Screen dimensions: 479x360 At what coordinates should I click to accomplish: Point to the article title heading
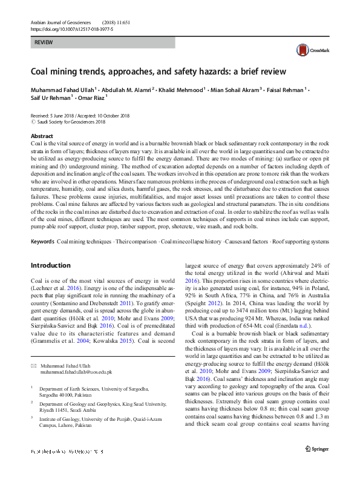coord(158,71)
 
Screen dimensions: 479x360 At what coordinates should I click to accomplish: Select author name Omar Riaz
coord(94,96)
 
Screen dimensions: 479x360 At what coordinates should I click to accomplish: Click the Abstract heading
coord(42,136)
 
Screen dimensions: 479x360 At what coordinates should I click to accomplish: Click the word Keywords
coord(42,242)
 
